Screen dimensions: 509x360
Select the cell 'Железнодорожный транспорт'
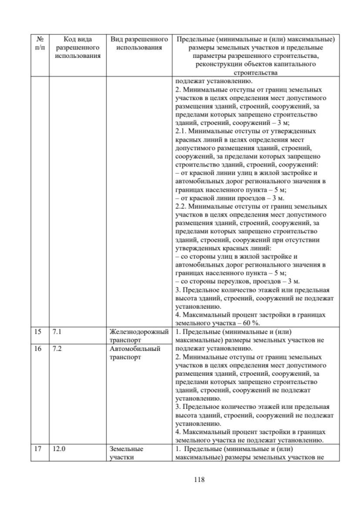pos(139,336)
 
